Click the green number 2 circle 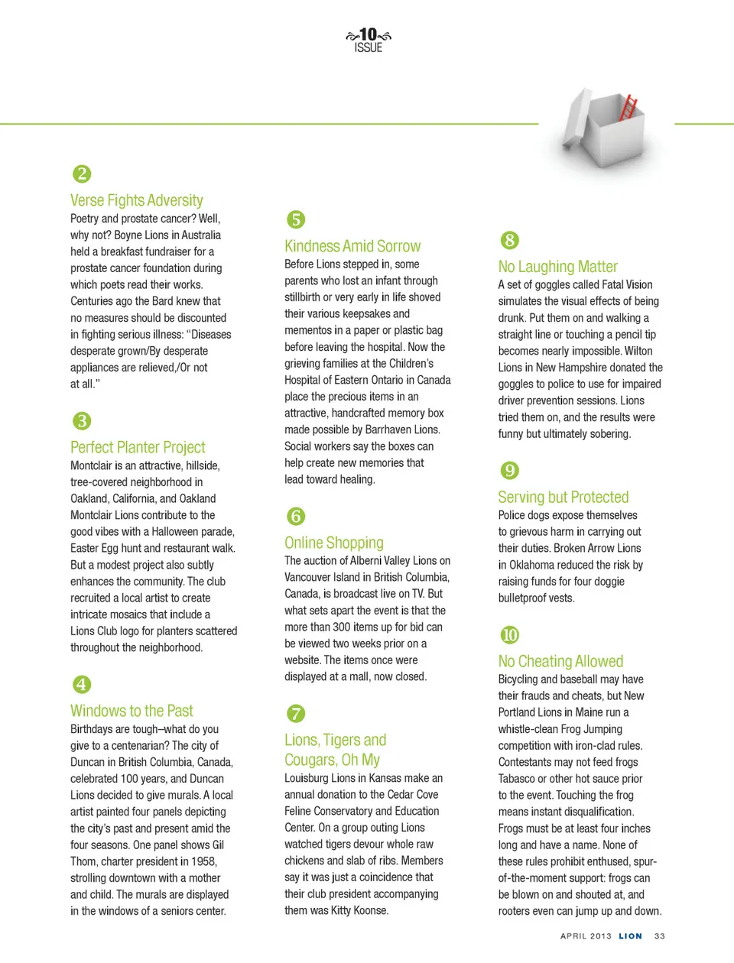point(82,174)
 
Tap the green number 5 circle point(296,220)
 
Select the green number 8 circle point(510,241)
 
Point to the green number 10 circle point(510,635)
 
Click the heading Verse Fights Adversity point(137,200)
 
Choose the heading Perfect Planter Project point(138,447)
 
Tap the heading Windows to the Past point(132,711)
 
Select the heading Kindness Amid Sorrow point(352,246)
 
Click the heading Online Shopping point(334,543)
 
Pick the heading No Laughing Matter point(558,267)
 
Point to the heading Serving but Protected point(563,497)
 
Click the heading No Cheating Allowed point(560,661)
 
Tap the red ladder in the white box point(628,108)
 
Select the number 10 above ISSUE point(369,34)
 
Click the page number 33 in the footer point(660,936)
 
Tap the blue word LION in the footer point(631,936)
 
